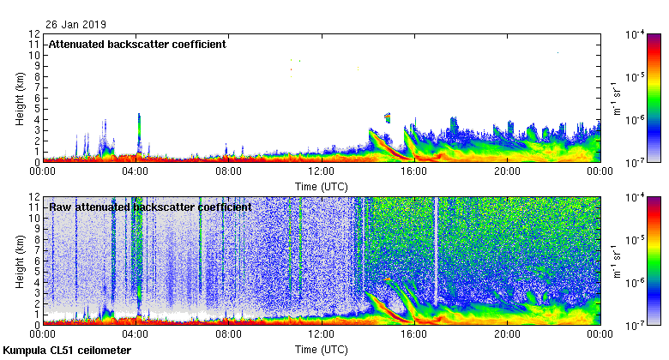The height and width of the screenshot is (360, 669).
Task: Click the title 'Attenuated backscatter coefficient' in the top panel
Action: pos(137,45)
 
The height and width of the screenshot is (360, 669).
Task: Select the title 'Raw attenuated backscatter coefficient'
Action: pos(150,207)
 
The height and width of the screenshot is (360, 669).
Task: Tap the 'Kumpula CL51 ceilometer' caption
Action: pos(67,351)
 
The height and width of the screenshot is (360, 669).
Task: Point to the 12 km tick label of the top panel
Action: pos(34,34)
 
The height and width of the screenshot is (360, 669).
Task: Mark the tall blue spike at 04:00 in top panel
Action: pos(139,129)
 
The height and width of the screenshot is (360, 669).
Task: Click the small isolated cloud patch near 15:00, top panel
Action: pos(388,117)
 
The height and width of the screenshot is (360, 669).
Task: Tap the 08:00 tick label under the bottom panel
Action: pos(229,334)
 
